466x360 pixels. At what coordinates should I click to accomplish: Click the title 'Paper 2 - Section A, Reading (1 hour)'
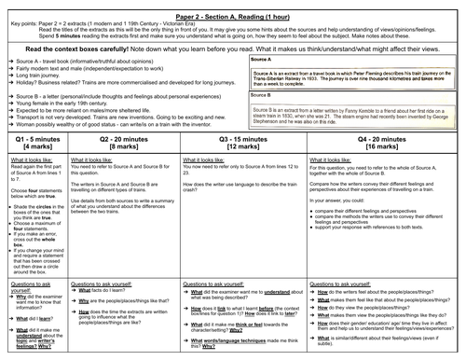[233, 7]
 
